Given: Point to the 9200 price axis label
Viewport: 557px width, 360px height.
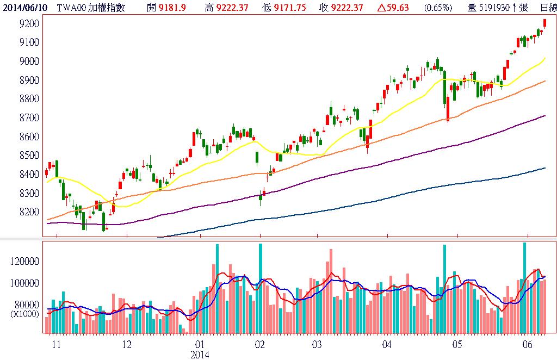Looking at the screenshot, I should click(27, 24).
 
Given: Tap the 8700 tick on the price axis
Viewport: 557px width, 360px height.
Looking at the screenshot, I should click(27, 117).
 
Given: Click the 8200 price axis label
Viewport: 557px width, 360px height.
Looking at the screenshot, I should click(27, 212).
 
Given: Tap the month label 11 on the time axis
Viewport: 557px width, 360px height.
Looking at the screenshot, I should click(55, 345).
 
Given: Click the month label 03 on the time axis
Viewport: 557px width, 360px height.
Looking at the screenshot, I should click(318, 345).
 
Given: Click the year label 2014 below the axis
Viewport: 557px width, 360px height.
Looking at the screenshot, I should click(200, 355).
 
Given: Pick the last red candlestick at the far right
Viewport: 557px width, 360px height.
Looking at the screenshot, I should click(545, 23).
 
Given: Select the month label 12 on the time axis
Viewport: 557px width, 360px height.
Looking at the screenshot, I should click(127, 345).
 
